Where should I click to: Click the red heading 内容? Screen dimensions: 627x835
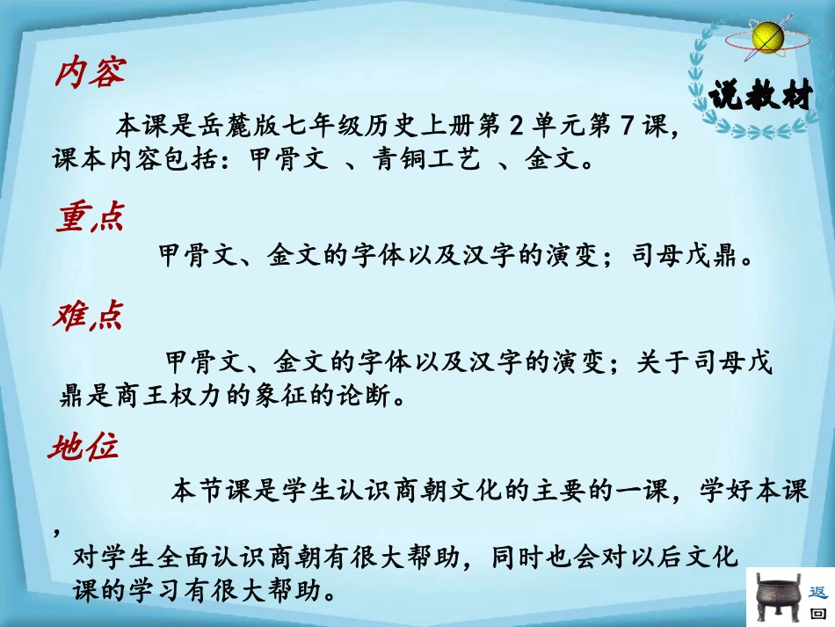tap(90, 73)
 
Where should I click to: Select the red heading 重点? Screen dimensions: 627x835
tap(90, 218)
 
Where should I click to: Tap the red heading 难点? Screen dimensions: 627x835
tap(87, 316)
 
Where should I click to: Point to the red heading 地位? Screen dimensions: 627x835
tap(83, 449)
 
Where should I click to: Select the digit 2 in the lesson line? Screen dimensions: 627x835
tap(516, 126)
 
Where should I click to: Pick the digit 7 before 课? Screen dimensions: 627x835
tap(628, 126)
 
